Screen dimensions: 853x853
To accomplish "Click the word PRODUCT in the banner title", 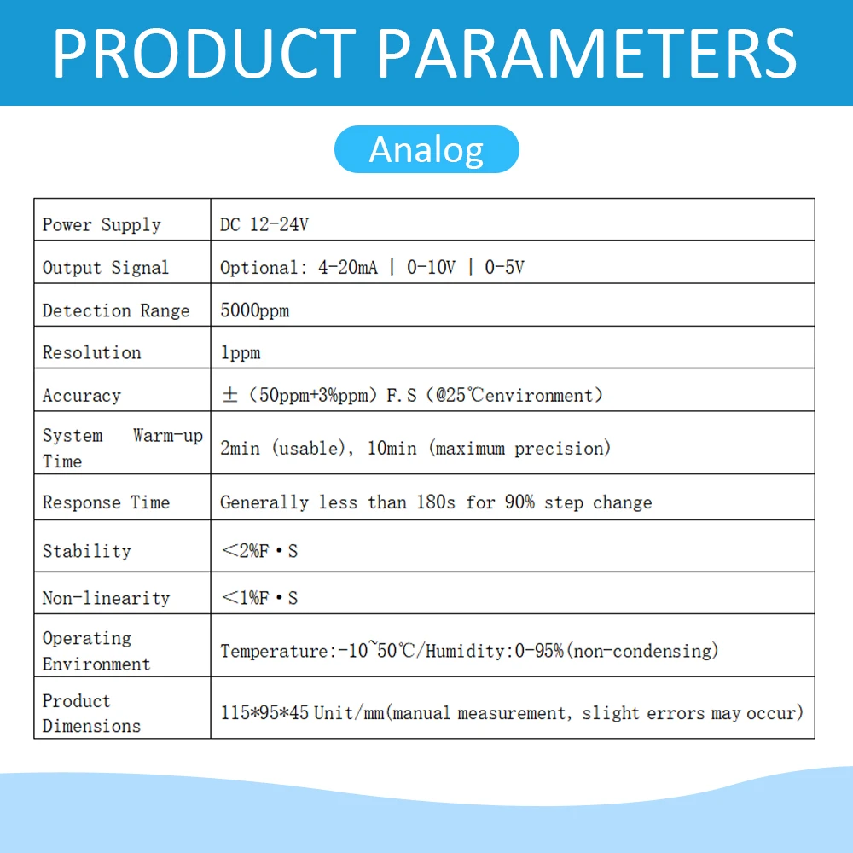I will click(203, 53).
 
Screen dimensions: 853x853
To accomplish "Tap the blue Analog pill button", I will click(426, 150).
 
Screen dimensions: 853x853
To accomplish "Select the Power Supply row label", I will click(102, 225).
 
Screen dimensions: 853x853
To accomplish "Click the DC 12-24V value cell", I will click(264, 225).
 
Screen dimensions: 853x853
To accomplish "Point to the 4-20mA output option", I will click(348, 268).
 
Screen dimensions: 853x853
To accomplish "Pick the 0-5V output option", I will click(505, 268).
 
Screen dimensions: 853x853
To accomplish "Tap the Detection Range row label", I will click(116, 310).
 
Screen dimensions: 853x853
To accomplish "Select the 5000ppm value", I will click(255, 310).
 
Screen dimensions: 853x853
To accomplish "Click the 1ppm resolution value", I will click(241, 352).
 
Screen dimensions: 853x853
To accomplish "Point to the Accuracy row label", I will click(82, 396).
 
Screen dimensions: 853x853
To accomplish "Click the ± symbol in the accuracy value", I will click(228, 396).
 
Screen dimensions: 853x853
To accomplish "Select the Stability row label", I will click(87, 551).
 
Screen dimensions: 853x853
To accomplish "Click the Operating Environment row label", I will click(96, 651).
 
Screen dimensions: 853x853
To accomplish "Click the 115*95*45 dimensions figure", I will click(264, 712).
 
